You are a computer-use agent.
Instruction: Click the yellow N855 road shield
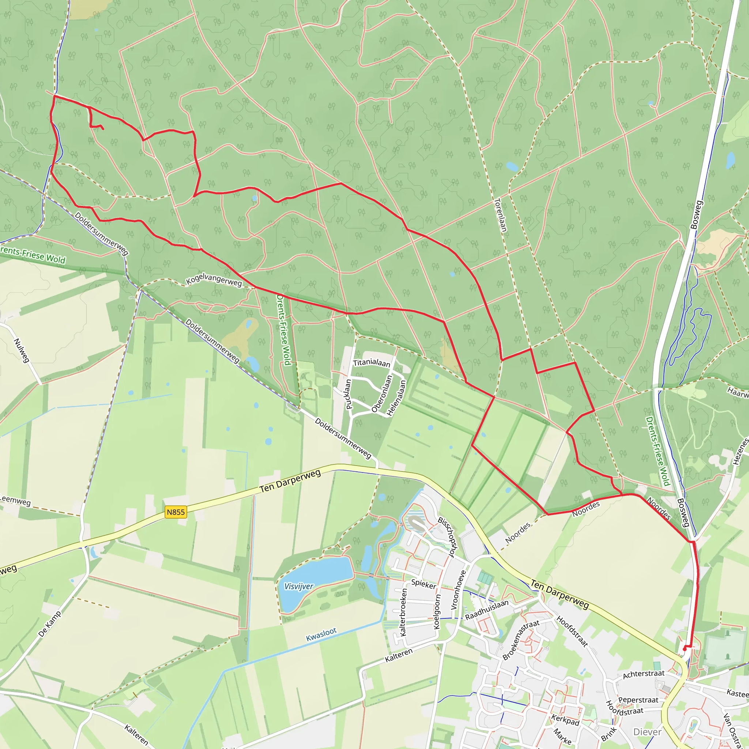(176, 512)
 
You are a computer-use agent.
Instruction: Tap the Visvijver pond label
(298, 586)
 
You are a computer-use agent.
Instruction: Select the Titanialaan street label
(372, 362)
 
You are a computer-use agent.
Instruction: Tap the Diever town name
(647, 732)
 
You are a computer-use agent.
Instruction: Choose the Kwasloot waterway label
(321, 635)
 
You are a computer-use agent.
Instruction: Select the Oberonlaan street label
(382, 394)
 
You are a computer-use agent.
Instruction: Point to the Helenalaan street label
(396, 398)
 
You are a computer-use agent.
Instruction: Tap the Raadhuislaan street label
(486, 610)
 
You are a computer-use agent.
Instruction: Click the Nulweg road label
(22, 350)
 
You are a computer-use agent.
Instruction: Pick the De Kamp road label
(50, 624)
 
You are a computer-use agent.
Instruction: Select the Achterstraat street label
(644, 674)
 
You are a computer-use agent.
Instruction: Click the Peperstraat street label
(638, 700)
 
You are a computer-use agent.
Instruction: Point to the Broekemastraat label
(521, 640)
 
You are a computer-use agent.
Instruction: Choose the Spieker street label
(424, 584)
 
